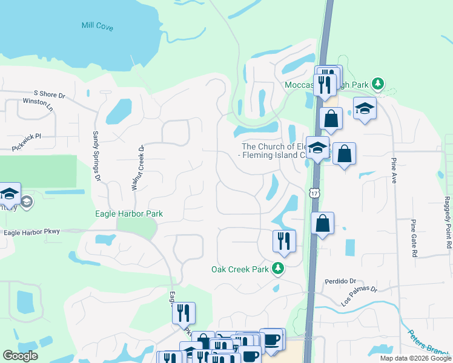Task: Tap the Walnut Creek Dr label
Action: coord(137,168)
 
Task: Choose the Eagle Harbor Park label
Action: coord(129,214)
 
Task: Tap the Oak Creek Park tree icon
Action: coord(277,268)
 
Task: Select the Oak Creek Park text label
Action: coord(239,269)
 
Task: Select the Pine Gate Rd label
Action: coord(415,238)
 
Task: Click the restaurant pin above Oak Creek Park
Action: coord(284,241)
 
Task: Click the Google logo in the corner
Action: coord(21,356)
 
